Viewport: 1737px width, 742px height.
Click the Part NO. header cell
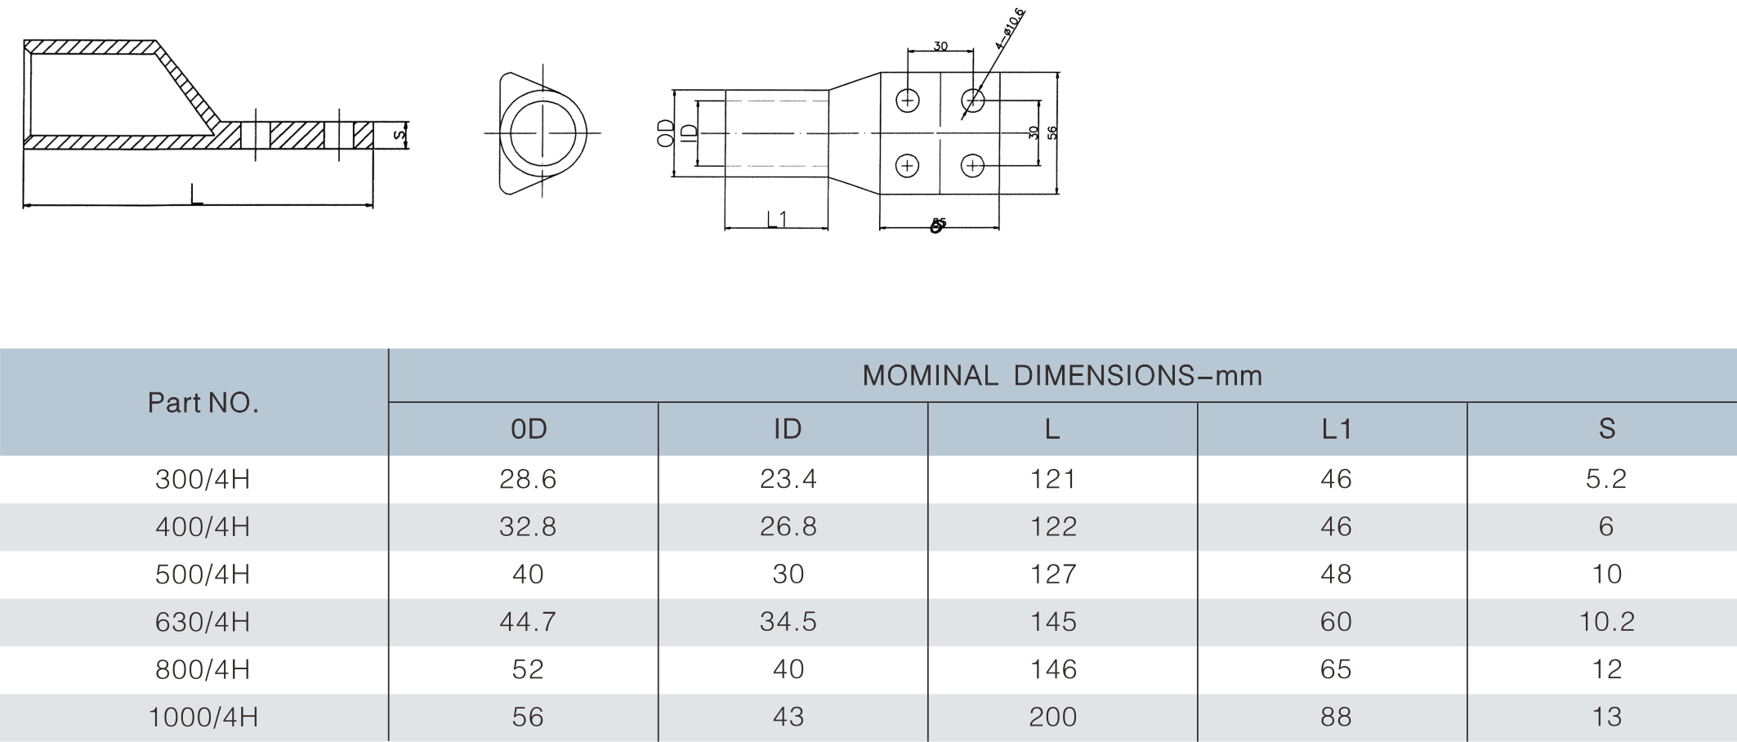coord(203,403)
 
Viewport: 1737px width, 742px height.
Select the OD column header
coord(528,429)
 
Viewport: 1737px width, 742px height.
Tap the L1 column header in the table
coord(1337,429)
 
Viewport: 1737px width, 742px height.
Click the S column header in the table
coord(1606,429)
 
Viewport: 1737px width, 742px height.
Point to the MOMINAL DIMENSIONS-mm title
coord(1062,376)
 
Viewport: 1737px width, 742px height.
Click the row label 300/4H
coord(203,479)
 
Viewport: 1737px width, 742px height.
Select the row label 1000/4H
coord(203,717)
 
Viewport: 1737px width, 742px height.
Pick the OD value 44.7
coord(528,622)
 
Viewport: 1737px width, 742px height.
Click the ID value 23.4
coord(788,479)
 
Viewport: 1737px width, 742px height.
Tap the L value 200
coord(1053,717)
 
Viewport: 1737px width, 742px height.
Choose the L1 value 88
coord(1337,717)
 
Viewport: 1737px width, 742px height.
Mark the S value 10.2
coord(1606,622)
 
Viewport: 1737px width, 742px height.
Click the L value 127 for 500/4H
coord(1053,574)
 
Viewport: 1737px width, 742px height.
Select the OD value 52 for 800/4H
coord(528,670)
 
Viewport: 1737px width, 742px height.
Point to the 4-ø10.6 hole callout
coord(1010,29)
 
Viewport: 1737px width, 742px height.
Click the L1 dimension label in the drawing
coord(776,219)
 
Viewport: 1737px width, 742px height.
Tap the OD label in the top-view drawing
coord(667,133)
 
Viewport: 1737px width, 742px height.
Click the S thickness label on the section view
coord(399,135)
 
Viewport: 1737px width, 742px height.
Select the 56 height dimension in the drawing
coord(1052,132)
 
